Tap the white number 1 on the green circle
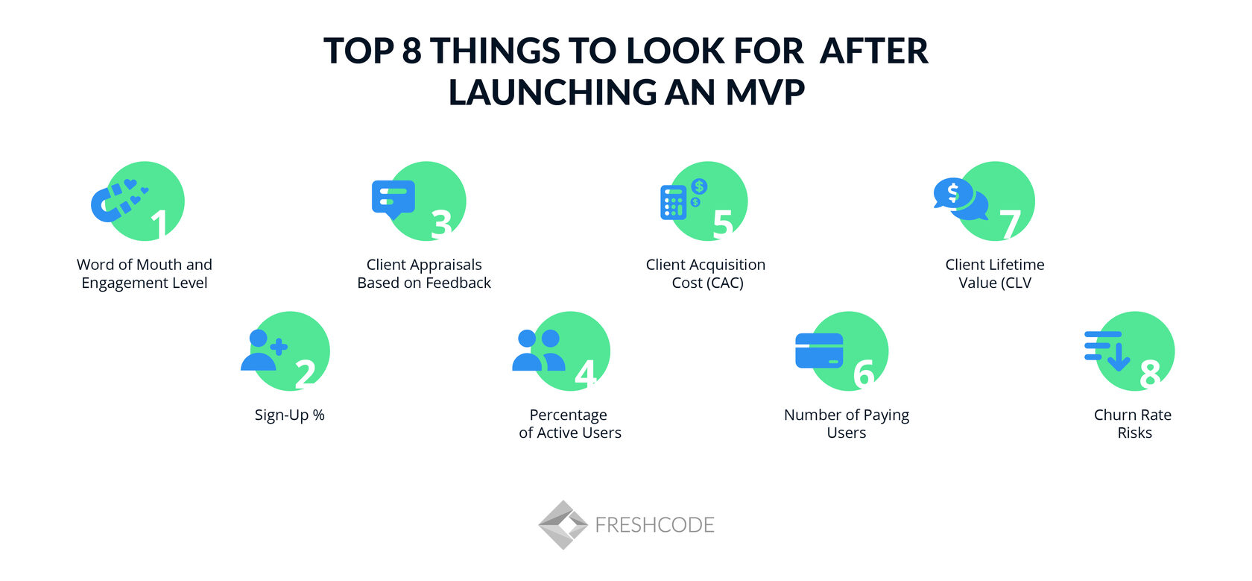[x=159, y=224]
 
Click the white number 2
[x=305, y=374]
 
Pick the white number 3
[x=441, y=224]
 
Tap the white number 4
[x=586, y=374]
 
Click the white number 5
[x=722, y=224]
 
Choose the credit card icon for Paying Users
[x=819, y=351]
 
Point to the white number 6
[x=863, y=374]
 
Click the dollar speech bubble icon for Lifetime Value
[x=960, y=199]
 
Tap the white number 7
[x=1010, y=224]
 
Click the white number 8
[x=1150, y=374]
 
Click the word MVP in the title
[x=765, y=92]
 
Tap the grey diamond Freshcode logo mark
[x=563, y=524]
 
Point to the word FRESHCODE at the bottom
[x=654, y=525]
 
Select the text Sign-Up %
[x=289, y=415]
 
